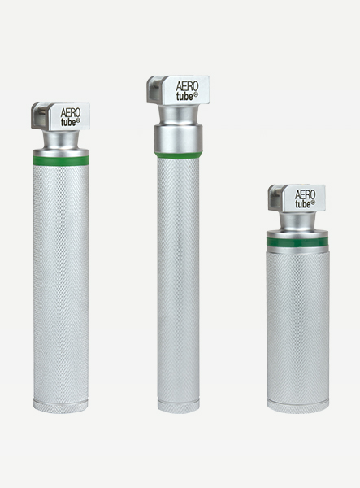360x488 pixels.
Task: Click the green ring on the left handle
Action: pos(61,160)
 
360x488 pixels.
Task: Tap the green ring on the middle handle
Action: pos(179,155)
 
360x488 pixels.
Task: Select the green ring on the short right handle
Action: pos(297,241)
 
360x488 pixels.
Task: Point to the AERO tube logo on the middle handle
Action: pos(188,91)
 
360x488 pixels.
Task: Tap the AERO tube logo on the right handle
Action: pos(305,199)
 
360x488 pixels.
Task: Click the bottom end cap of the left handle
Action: pos(60,407)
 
